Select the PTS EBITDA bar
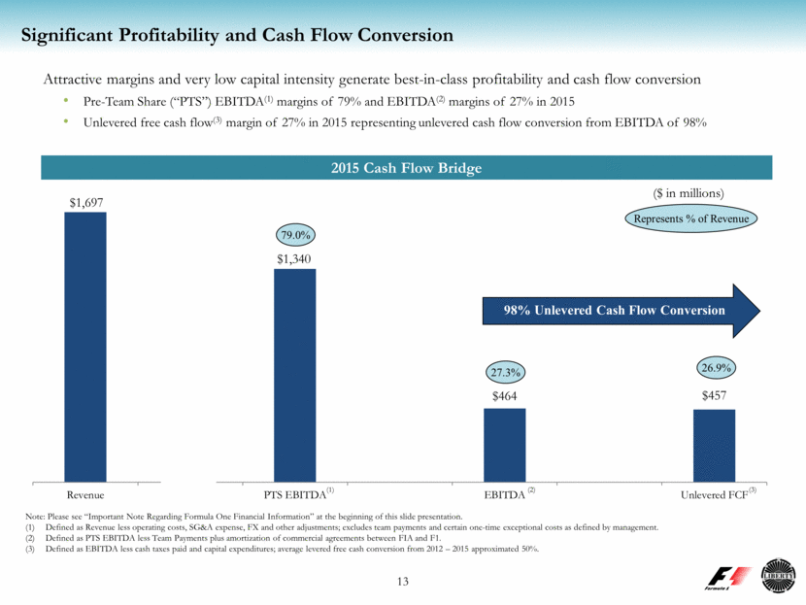pos(295,374)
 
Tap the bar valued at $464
pos(505,444)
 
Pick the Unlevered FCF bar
pos(714,445)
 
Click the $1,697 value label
pos(85,201)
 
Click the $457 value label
pos(714,397)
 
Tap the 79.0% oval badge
pos(295,235)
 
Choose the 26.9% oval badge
pos(715,368)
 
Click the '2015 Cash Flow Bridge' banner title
pos(402,168)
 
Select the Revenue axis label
pos(85,495)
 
